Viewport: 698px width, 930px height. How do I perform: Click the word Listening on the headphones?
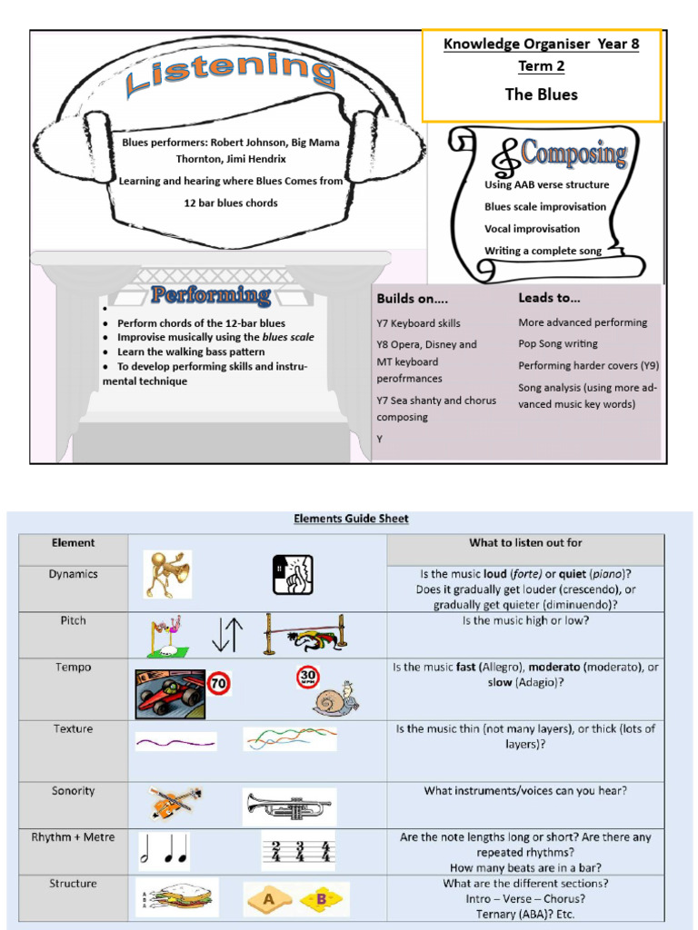(x=231, y=73)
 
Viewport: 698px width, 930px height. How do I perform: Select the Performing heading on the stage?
(x=211, y=295)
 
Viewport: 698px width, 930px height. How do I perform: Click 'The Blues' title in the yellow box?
(x=541, y=94)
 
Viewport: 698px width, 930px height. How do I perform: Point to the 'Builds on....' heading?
(x=412, y=298)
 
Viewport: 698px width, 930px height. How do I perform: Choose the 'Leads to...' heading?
(x=549, y=297)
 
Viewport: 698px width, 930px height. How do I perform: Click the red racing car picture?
(x=170, y=695)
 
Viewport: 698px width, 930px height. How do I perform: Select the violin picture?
(x=174, y=804)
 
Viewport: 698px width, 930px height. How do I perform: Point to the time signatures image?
(x=297, y=851)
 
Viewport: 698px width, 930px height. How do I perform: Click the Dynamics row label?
(x=74, y=574)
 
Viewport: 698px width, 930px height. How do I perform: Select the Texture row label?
(x=74, y=728)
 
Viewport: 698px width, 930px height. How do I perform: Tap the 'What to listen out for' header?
(x=525, y=543)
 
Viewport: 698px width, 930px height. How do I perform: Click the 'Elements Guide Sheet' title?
(x=351, y=519)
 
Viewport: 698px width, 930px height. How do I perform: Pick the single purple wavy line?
(x=176, y=742)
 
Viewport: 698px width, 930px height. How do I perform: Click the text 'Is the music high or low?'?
(x=525, y=620)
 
